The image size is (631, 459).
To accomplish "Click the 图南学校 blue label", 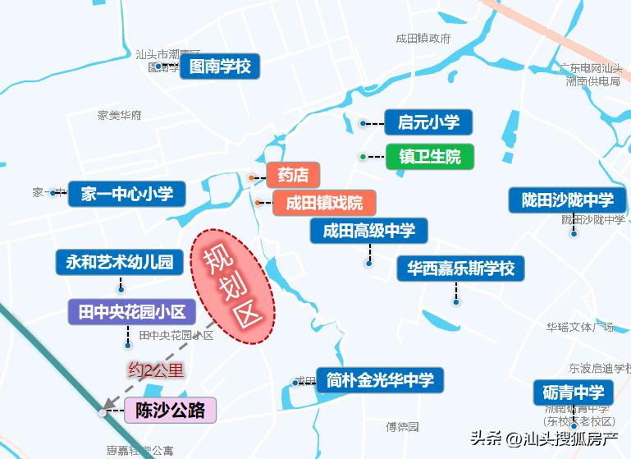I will click(x=220, y=67).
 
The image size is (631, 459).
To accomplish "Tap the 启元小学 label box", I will click(x=428, y=123).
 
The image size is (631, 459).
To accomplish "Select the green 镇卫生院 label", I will click(x=430, y=156).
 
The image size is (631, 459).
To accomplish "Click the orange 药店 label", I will click(x=293, y=175).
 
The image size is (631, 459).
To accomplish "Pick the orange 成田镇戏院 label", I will click(x=324, y=202).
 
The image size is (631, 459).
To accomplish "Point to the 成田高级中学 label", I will click(x=369, y=231).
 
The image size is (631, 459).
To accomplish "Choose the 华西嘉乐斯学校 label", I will click(x=460, y=269).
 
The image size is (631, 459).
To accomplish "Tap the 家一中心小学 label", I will click(x=126, y=194).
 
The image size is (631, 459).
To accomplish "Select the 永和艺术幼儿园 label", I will click(x=119, y=262).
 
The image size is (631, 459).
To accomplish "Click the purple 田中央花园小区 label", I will click(x=131, y=312).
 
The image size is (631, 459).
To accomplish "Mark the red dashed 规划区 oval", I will click(x=233, y=286).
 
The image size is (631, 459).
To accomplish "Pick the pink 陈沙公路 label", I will click(x=170, y=410).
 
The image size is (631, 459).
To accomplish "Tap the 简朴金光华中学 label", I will click(x=380, y=380).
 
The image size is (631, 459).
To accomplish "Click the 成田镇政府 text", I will click(x=423, y=38).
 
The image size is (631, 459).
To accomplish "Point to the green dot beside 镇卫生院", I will click(x=362, y=156).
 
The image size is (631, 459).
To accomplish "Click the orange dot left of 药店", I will click(x=251, y=177).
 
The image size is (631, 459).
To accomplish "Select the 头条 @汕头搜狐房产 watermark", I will click(x=545, y=438).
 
